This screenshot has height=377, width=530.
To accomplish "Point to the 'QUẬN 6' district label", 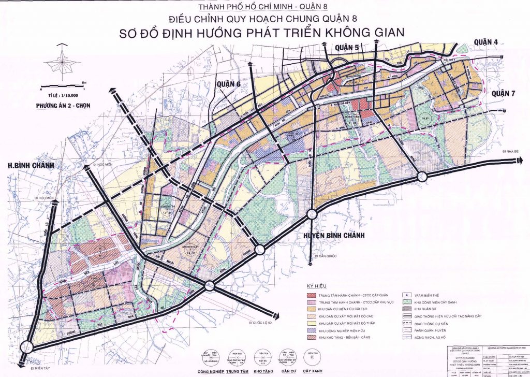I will (229, 84).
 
